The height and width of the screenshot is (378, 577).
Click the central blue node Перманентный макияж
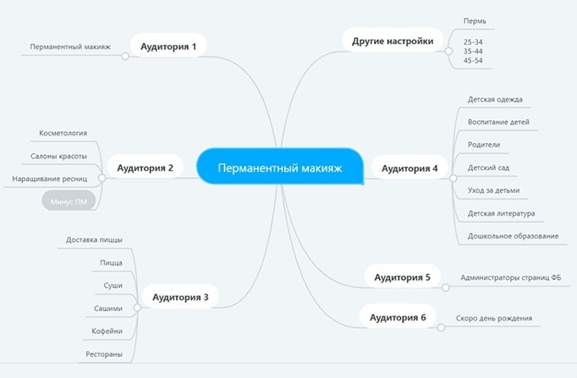point(280,167)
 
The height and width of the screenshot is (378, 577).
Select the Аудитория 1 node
point(168,47)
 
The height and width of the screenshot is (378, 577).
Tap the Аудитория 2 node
point(145,167)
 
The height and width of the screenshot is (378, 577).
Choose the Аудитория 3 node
point(180,297)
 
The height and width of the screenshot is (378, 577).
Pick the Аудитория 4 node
point(409,167)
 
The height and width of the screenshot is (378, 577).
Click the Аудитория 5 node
point(403,277)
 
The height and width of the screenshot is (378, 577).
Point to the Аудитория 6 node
point(398,317)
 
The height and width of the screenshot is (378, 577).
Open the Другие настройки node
point(393,41)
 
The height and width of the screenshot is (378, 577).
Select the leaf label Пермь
point(475,21)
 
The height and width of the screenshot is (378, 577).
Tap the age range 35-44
point(473,51)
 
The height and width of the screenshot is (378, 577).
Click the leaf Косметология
point(63,133)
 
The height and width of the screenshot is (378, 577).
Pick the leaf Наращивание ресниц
point(50,178)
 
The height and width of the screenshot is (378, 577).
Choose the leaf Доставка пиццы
point(94,240)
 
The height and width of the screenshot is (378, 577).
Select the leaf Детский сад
point(488,167)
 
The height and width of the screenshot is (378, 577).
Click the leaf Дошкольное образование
point(513,236)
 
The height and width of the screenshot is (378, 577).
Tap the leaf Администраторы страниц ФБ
point(510,277)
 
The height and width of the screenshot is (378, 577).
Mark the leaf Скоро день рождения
point(499,318)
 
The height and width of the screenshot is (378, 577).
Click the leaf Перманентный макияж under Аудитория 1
point(70,47)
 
